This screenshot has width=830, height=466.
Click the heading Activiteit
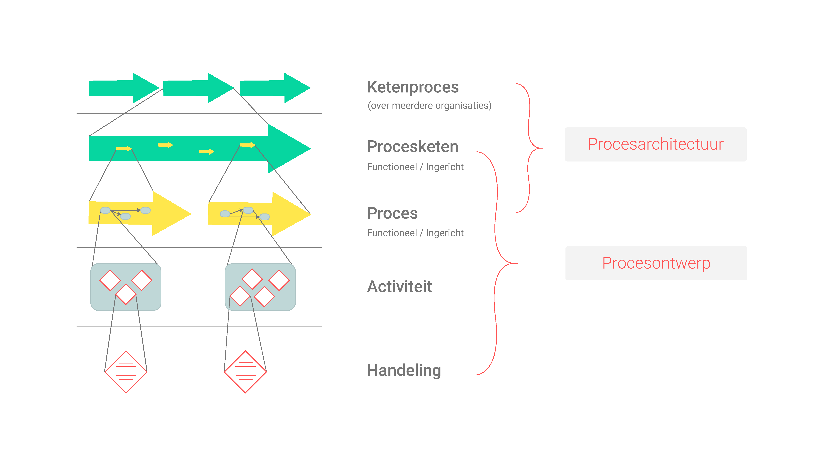point(400,287)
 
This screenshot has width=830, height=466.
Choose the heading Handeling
point(404,370)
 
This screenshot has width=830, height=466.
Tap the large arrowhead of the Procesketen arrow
point(287,149)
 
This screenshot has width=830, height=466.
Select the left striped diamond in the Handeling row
point(126,372)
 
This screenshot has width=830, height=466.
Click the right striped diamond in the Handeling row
point(246,372)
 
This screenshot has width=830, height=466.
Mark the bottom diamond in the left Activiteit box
point(126,294)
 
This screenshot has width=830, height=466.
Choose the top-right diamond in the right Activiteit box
point(279,280)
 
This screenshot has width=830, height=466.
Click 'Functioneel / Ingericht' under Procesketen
point(415,167)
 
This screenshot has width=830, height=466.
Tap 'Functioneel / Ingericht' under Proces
point(415,233)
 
